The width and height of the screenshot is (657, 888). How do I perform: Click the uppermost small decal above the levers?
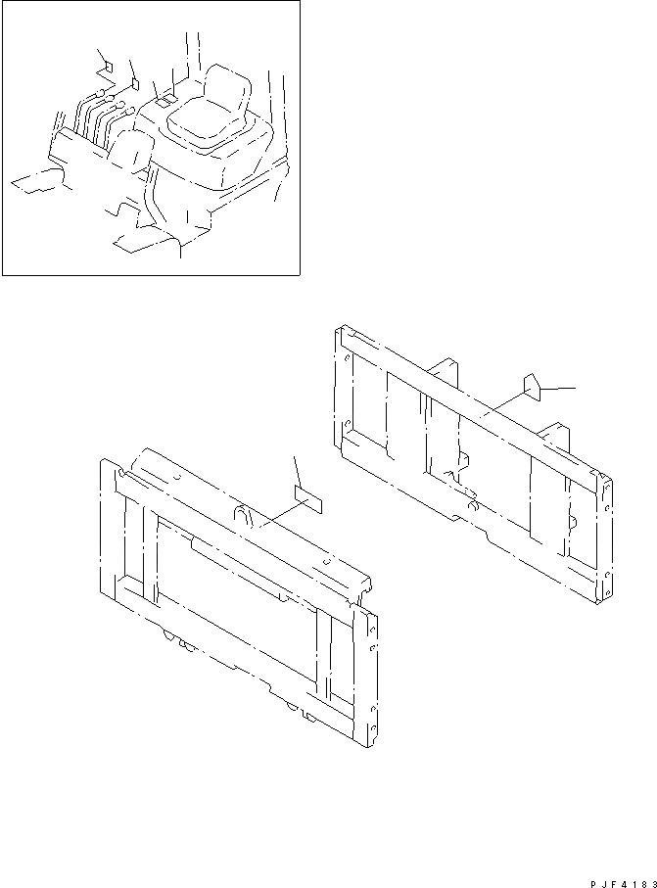click(x=108, y=68)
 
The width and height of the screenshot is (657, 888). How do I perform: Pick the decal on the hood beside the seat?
click(x=164, y=99)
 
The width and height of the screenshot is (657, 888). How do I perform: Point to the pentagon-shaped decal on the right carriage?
click(x=532, y=384)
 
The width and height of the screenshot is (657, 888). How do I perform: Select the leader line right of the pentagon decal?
click(x=558, y=389)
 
